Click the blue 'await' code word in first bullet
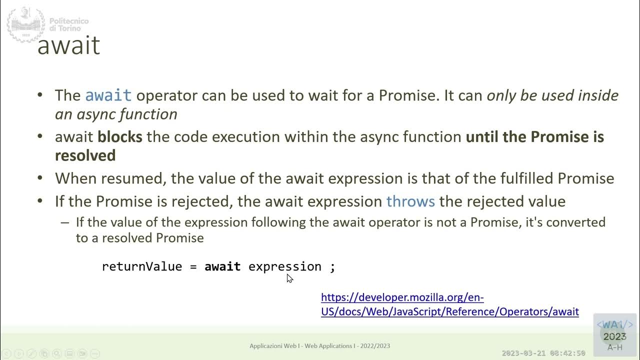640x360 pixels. (108, 95)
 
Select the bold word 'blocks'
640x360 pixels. (119, 136)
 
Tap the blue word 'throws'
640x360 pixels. (410, 201)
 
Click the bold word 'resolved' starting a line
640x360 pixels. (85, 155)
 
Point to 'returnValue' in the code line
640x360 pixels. (141, 266)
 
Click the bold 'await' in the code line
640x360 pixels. (222, 266)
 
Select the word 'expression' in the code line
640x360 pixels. (284, 266)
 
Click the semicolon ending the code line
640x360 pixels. (332, 267)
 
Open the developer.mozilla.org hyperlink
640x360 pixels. (449, 304)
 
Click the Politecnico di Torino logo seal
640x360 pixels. (25, 24)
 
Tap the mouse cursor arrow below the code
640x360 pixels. (289, 278)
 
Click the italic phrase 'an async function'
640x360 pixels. (116, 114)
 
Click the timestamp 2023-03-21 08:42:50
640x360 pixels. (543, 353)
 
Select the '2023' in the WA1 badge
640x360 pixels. (614, 337)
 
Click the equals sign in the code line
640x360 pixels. (193, 267)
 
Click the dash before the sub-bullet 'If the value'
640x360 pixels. (64, 222)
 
